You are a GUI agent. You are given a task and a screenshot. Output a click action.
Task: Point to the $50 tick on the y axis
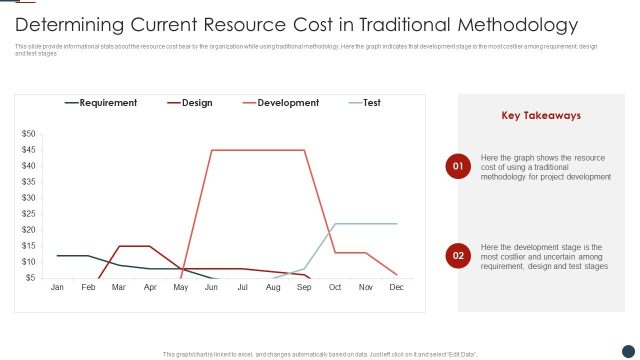pyautogui.click(x=29, y=134)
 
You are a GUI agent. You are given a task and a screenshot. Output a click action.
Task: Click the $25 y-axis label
pyautogui.click(x=29, y=214)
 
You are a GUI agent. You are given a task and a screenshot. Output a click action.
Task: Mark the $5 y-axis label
pyautogui.click(x=30, y=278)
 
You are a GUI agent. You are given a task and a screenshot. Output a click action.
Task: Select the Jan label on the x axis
pyautogui.click(x=57, y=287)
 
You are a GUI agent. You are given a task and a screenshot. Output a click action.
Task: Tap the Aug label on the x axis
pyautogui.click(x=273, y=287)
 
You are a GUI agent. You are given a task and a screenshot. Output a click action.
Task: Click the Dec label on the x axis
pyautogui.click(x=396, y=287)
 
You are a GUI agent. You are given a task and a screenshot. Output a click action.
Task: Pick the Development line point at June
pyautogui.click(x=211, y=150)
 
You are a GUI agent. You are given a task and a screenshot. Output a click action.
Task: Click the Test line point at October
pyautogui.click(x=335, y=223)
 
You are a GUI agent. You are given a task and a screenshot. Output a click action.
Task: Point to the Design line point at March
pyautogui.click(x=119, y=246)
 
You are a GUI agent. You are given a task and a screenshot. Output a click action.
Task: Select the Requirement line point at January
pyautogui.click(x=57, y=255)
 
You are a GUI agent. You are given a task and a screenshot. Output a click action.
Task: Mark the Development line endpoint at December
pyautogui.click(x=396, y=274)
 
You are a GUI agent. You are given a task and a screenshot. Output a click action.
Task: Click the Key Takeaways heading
pyautogui.click(x=541, y=115)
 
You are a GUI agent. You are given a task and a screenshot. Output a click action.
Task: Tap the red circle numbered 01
pyautogui.click(x=458, y=166)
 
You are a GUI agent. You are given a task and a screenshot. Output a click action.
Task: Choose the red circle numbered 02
pyautogui.click(x=458, y=256)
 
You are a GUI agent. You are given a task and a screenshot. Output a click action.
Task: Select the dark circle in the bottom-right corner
pyautogui.click(x=628, y=351)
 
